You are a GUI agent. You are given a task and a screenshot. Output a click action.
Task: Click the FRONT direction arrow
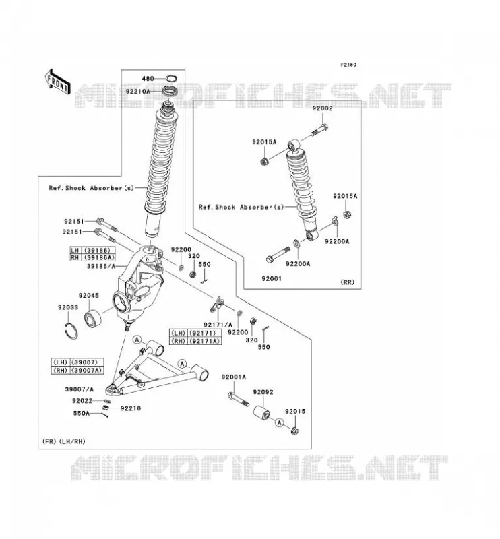(x=58, y=82)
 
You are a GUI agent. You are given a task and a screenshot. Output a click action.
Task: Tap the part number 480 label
(x=148, y=79)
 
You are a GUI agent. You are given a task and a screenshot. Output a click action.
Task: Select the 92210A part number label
(x=138, y=92)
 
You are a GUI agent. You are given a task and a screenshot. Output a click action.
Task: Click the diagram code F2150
(x=348, y=65)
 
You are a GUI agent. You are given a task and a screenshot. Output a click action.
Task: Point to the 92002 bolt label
(x=322, y=108)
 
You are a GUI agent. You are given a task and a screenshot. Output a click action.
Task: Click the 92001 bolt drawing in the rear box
(x=278, y=255)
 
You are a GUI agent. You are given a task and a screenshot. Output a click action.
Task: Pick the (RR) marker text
(x=347, y=282)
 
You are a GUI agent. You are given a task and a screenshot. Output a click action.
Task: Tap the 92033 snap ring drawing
(x=71, y=331)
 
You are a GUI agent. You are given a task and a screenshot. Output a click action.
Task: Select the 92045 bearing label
(x=89, y=296)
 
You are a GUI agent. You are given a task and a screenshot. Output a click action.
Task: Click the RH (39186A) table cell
(x=92, y=257)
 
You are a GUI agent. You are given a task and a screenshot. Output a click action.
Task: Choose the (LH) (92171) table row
(x=195, y=333)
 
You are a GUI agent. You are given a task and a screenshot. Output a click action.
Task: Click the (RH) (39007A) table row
(x=77, y=370)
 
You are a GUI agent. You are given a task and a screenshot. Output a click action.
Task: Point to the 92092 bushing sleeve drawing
(x=261, y=413)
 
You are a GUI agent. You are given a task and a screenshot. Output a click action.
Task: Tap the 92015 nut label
(x=294, y=412)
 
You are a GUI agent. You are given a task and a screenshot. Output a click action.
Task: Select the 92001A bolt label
(x=234, y=377)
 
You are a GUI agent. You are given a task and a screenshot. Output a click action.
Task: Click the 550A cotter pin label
(x=81, y=414)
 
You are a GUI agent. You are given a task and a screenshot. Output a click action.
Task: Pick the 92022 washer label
(x=82, y=401)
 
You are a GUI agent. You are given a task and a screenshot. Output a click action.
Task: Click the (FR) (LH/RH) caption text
(x=63, y=442)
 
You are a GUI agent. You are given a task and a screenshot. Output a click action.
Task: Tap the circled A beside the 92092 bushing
(x=279, y=422)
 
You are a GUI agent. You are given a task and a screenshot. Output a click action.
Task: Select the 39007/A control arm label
(x=79, y=389)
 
